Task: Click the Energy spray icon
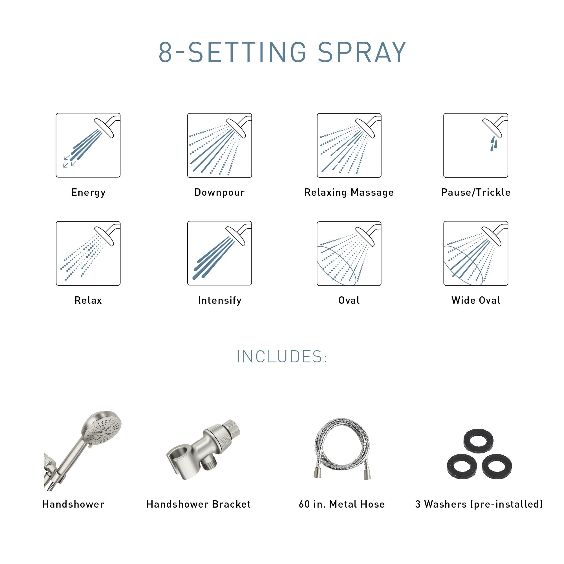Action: click(88, 145)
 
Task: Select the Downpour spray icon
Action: click(219, 145)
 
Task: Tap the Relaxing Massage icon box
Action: click(349, 145)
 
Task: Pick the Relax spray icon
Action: click(88, 253)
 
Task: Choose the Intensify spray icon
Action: click(219, 253)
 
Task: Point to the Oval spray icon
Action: click(349, 253)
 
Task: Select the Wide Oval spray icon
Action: click(475, 253)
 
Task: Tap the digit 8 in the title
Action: click(165, 52)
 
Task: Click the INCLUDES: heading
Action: click(282, 357)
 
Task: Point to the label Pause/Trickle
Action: click(475, 192)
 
